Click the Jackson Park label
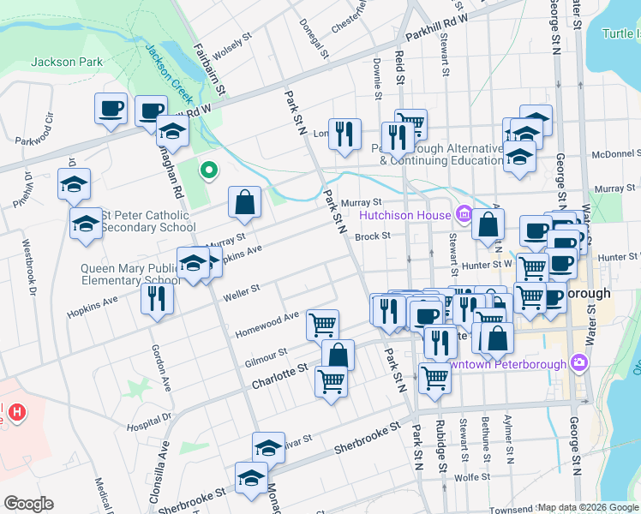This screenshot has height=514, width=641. point(67,62)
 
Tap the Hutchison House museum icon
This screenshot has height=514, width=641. point(464,213)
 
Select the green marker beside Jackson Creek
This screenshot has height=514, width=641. point(208,170)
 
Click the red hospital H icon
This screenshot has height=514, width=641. point(16,413)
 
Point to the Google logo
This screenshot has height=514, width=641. point(28,504)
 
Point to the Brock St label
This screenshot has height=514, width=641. point(373,236)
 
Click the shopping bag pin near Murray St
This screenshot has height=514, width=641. point(245,202)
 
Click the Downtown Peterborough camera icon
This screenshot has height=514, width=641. point(579,363)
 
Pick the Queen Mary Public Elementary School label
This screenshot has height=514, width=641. point(129,273)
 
